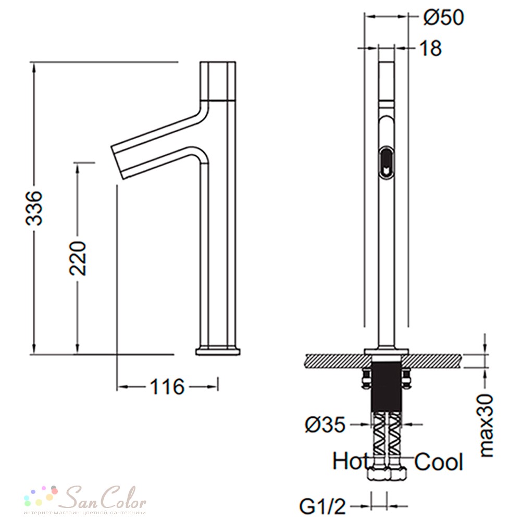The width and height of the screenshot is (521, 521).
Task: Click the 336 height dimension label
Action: click(34, 208)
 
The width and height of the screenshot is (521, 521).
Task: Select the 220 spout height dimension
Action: click(78, 258)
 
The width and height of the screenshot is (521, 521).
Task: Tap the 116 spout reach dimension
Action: click(167, 387)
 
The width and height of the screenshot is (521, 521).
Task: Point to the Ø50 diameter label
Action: click(443, 17)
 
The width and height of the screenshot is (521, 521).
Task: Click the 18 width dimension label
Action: click(431, 48)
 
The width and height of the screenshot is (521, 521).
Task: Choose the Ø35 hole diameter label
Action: click(325, 425)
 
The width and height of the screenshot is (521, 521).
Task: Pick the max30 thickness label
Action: click(487, 425)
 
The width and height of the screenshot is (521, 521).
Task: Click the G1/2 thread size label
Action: click(322, 506)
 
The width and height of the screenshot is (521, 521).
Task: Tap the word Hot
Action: click(350, 461)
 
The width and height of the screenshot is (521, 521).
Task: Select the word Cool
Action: click(439, 462)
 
